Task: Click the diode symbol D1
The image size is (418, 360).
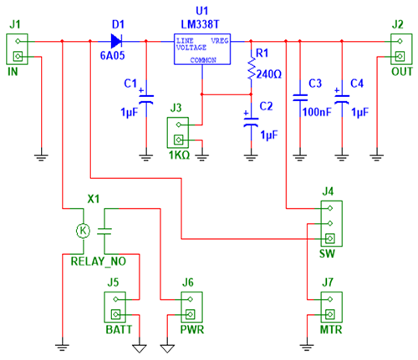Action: tap(116, 39)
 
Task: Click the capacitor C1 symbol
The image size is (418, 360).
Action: tap(145, 97)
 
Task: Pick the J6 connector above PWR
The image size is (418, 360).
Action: tap(188, 309)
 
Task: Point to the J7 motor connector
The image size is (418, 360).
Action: tap(329, 309)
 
